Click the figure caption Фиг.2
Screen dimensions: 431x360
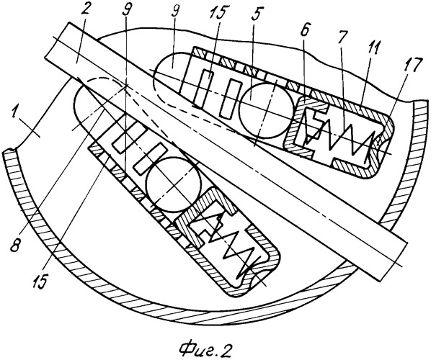coord(205,348)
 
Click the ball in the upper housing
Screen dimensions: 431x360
coord(266,110)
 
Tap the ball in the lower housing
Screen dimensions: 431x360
coord(173,184)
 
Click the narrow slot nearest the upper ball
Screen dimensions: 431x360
coord(229,99)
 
